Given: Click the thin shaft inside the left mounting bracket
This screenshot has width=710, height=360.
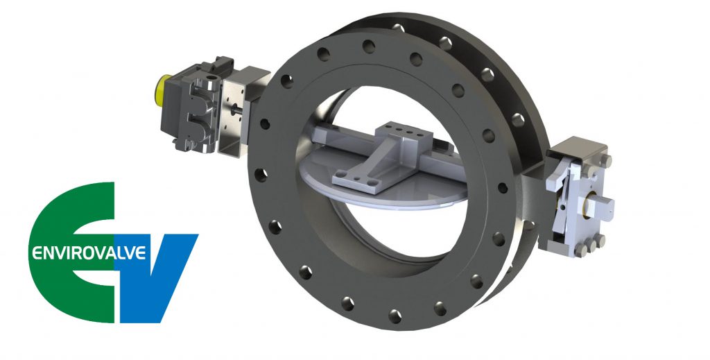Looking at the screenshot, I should [239, 115].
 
